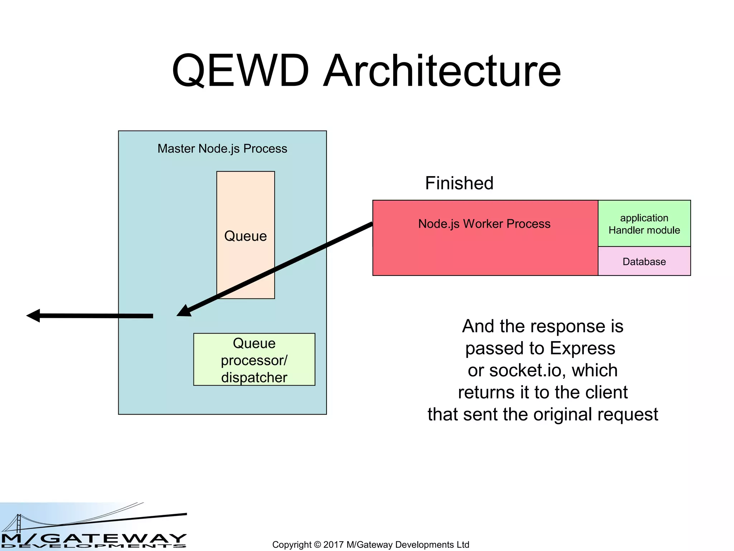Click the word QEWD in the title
coord(240,71)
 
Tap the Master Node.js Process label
coord(222,149)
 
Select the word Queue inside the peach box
coord(246,236)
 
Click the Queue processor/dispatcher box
coord(254,360)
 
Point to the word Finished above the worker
coord(459,183)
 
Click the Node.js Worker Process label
coord(484,224)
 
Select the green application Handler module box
coord(644,224)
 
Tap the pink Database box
coord(644,262)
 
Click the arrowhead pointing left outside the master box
coord(33,315)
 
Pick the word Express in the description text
coord(582,348)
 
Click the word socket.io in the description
coord(527,370)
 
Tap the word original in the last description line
coord(562,414)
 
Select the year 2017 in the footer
coord(333,545)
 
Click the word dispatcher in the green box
coord(254,378)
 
